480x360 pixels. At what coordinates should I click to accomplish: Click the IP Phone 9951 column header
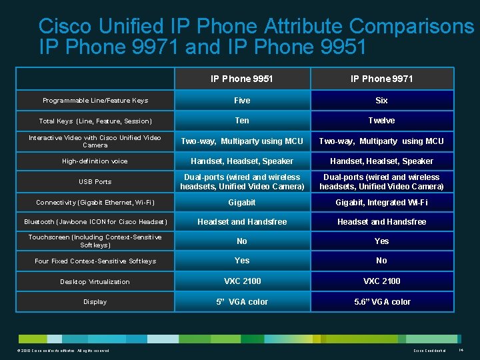pos(242,79)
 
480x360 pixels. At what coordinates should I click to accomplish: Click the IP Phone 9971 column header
pos(381,79)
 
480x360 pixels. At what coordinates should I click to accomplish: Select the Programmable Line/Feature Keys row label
pos(95,101)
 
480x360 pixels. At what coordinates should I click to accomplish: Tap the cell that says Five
pos(242,101)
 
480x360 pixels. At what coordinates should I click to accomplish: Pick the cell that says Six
pos(381,101)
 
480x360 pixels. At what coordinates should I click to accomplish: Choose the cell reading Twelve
pos(381,121)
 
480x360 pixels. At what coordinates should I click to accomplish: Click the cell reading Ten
pos(242,121)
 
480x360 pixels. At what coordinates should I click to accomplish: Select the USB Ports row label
pos(95,182)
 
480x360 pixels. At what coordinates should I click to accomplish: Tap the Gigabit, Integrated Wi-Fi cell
pos(381,203)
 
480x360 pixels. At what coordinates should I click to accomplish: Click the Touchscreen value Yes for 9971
pos(381,241)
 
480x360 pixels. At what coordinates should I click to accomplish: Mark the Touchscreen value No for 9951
pos(242,241)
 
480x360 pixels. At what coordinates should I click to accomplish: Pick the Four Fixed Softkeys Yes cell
pos(242,261)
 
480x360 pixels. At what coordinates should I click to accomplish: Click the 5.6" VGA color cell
pos(381,302)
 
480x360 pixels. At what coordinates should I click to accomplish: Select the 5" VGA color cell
pos(242,302)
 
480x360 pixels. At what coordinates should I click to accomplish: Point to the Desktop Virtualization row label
pos(95,282)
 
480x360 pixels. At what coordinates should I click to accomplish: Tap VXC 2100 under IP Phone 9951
pos(242,281)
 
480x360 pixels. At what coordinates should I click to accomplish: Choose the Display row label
pos(95,302)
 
